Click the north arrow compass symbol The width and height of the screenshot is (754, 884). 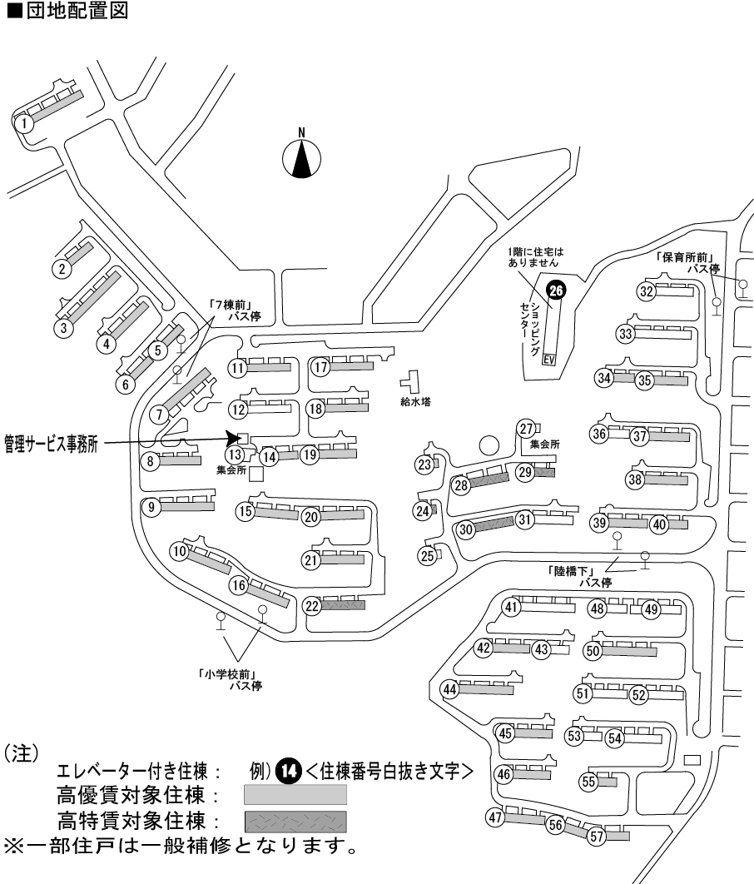pyautogui.click(x=302, y=156)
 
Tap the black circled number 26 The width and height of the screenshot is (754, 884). pyautogui.click(x=556, y=290)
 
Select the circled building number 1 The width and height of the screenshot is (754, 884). pyautogui.click(x=27, y=124)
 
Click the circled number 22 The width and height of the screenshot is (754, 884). pyautogui.click(x=312, y=606)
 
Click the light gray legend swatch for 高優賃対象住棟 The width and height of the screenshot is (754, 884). pyautogui.click(x=295, y=795)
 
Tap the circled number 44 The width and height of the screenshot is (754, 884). pyautogui.click(x=450, y=689)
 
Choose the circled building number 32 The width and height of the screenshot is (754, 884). pyautogui.click(x=647, y=291)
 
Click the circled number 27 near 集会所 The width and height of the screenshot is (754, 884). pyautogui.click(x=525, y=428)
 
